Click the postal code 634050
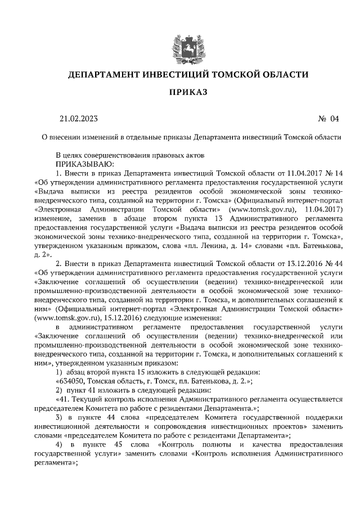[68, 381]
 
